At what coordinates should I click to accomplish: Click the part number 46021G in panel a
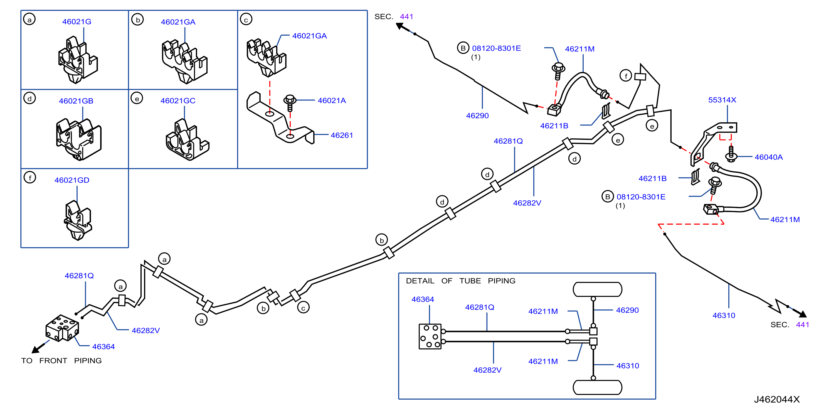77,22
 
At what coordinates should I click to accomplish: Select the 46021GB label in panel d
76,101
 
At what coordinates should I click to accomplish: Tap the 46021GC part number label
178,101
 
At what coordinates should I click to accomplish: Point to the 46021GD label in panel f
72,180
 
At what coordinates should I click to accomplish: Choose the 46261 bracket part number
342,135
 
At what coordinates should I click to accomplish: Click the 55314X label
722,100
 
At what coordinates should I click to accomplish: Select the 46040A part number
768,157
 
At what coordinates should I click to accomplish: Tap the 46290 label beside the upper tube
477,115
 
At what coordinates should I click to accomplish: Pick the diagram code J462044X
777,399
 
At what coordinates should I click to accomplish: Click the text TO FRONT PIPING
61,361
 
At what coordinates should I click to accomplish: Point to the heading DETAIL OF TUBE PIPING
460,281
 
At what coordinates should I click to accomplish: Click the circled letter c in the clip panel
246,19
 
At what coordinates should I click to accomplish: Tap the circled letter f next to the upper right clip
626,76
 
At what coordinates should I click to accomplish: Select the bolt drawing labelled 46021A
290,103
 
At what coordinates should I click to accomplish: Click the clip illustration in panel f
78,220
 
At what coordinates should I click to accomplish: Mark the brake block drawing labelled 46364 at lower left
62,328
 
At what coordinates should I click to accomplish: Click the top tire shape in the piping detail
597,289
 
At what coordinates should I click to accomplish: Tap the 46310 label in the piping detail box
628,366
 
